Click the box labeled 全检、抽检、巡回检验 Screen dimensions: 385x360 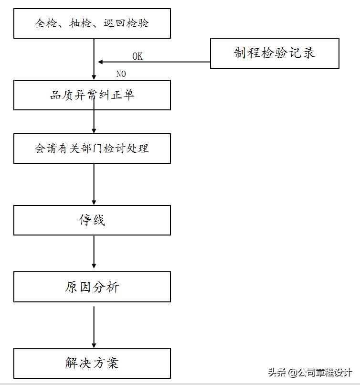pos(92,23)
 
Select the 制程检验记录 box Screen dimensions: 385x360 pos(275,53)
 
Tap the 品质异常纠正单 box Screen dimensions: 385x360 pos(92,95)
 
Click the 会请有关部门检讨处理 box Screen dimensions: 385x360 pos(92,149)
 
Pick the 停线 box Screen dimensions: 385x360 pos(92,220)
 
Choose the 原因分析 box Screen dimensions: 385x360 pos(92,287)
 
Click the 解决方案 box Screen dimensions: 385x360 pos(92,364)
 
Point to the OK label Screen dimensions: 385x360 pos(138,56)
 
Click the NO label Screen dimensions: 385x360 pos(121,74)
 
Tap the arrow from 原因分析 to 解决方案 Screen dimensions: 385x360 pos(94,327)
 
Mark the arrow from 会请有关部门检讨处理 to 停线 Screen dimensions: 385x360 pos(94,184)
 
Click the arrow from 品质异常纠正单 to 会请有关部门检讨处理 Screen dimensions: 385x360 pos(94,122)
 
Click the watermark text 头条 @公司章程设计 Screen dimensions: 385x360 pos(310,372)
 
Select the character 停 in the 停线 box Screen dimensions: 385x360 pos(85,220)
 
